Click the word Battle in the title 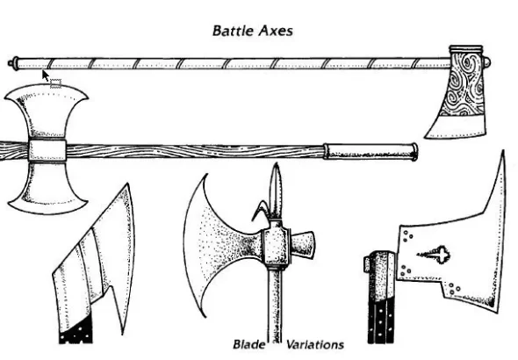click(x=234, y=31)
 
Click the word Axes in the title click(x=276, y=31)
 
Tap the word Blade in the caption click(x=249, y=344)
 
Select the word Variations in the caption click(x=315, y=344)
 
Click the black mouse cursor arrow click(x=46, y=76)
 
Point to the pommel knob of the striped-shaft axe click(x=12, y=62)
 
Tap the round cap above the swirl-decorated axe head click(x=486, y=61)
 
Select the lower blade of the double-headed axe click(x=47, y=187)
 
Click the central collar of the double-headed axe click(x=47, y=150)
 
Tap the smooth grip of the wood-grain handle click(x=370, y=152)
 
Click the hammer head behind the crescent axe click(x=302, y=244)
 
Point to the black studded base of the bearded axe click(x=76, y=331)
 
